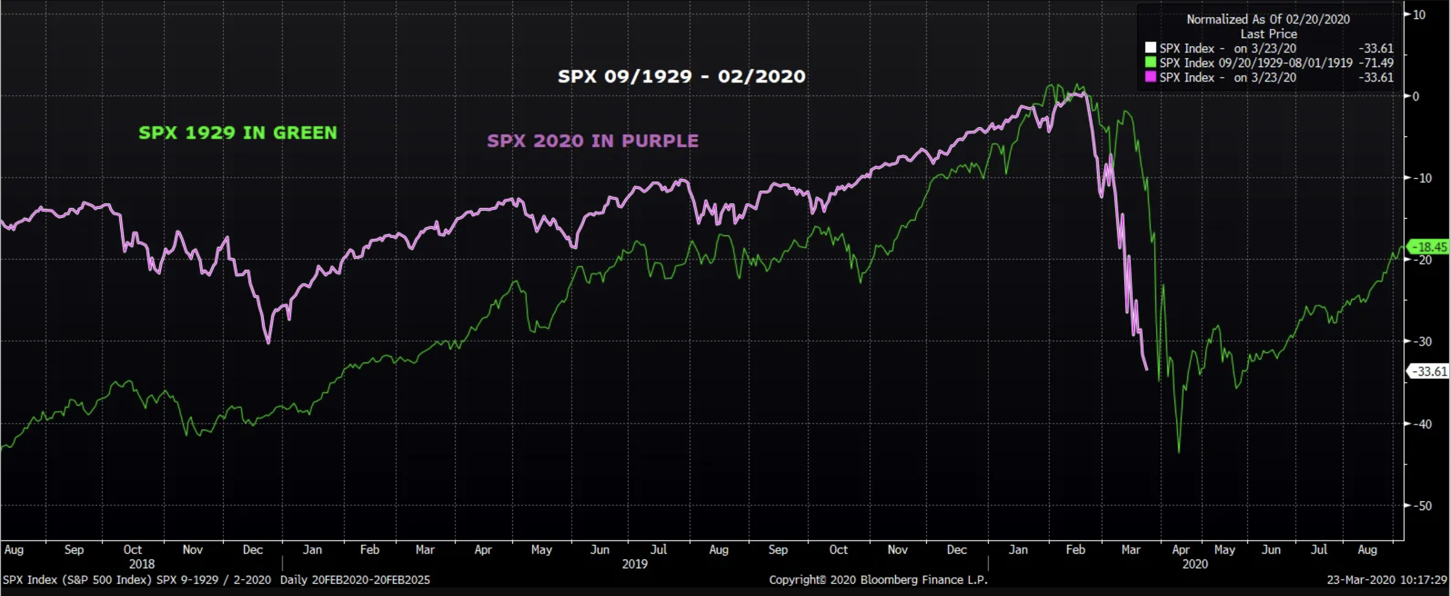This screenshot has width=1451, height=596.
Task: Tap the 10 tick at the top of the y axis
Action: coord(1419,15)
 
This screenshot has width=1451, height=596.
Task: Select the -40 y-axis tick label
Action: coord(1424,424)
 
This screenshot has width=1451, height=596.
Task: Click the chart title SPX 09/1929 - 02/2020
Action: coord(681,76)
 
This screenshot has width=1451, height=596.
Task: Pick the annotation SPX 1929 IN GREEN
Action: coord(238,133)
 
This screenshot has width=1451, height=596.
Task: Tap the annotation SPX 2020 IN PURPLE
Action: coord(593,141)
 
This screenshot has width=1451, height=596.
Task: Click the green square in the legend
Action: coord(1150,62)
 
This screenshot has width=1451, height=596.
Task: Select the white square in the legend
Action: coord(1150,48)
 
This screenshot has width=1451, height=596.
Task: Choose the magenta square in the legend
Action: coord(1150,77)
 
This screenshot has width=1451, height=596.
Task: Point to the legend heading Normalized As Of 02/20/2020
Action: coord(1268,19)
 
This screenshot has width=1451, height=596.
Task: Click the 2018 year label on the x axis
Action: coord(142,564)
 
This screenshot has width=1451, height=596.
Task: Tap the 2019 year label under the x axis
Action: coord(635,564)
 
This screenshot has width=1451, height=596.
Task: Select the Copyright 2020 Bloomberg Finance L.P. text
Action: coord(878,580)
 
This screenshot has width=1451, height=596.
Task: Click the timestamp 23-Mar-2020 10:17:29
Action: coord(1386,580)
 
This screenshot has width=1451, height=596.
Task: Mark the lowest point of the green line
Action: coord(1179,452)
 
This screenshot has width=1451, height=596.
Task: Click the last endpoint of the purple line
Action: coord(1147,370)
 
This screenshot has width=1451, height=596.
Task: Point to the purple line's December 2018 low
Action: coord(268,343)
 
